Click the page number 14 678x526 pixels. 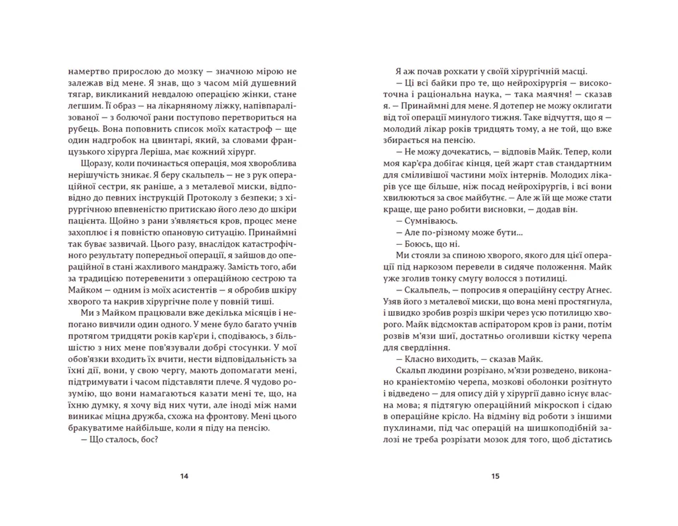coord(184,476)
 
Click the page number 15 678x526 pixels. coord(495,476)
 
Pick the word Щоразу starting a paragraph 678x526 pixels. coord(95,164)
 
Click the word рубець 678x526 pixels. coord(81,129)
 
